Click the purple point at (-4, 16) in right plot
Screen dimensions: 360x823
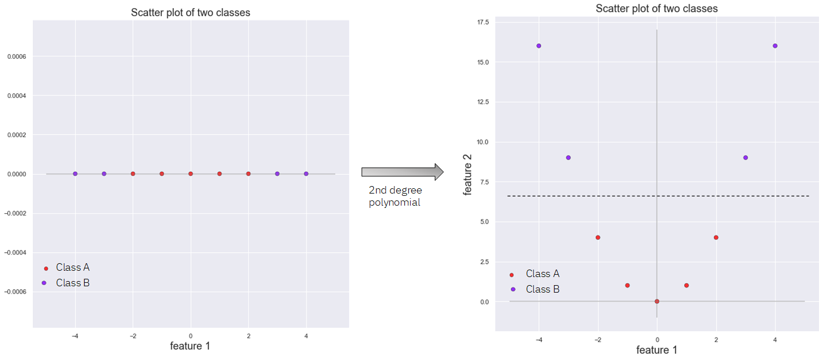pyautogui.click(x=538, y=46)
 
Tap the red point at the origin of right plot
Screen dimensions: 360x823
pyautogui.click(x=657, y=301)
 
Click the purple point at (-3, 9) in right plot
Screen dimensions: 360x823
pyautogui.click(x=568, y=157)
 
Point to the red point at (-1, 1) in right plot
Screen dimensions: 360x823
pyautogui.click(x=627, y=285)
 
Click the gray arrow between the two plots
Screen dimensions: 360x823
pyautogui.click(x=402, y=172)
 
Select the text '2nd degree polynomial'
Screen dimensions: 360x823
pyautogui.click(x=396, y=196)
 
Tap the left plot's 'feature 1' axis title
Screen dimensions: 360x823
pyautogui.click(x=190, y=346)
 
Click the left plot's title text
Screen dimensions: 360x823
pyautogui.click(x=191, y=13)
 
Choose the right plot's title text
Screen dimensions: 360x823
pyautogui.click(x=657, y=9)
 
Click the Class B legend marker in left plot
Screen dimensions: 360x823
pyautogui.click(x=45, y=283)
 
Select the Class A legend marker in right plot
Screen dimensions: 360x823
pyautogui.click(x=511, y=274)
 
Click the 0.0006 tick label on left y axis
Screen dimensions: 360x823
pyautogui.click(x=15, y=56)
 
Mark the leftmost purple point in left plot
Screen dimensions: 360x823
pyautogui.click(x=75, y=173)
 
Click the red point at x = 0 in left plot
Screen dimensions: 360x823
pyautogui.click(x=191, y=173)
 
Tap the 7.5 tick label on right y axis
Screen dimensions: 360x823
pyautogui.click(x=483, y=182)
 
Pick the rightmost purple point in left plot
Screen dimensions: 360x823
pyautogui.click(x=306, y=173)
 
